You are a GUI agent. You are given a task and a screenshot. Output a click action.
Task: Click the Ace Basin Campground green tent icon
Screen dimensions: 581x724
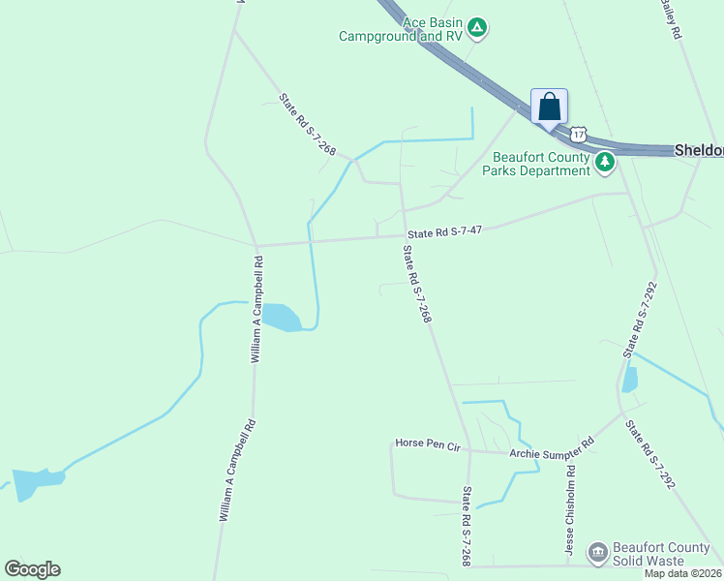tap(477, 28)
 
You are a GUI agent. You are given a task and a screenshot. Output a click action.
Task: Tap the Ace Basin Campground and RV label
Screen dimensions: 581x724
tap(401, 29)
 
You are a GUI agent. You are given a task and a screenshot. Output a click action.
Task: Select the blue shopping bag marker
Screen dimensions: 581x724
tap(549, 107)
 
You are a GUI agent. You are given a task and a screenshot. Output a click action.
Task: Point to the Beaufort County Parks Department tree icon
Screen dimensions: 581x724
tap(605, 162)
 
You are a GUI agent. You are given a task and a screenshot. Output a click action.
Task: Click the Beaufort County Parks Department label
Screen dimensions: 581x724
tap(541, 164)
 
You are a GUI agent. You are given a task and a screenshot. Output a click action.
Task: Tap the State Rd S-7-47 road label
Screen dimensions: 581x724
tap(444, 231)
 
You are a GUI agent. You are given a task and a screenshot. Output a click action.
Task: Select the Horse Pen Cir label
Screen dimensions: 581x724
tap(426, 443)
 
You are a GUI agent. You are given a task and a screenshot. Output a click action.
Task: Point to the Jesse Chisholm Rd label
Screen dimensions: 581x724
tap(571, 508)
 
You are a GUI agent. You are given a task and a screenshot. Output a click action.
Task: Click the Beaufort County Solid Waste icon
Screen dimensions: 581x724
tap(598, 553)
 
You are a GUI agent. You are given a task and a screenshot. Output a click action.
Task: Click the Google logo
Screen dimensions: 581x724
tap(32, 569)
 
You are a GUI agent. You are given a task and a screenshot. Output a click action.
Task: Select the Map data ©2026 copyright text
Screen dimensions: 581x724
tap(683, 573)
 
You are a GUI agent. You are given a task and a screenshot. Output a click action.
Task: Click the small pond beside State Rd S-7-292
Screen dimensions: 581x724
tap(630, 380)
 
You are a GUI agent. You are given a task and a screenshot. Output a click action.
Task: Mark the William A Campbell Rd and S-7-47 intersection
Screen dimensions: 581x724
tap(256, 245)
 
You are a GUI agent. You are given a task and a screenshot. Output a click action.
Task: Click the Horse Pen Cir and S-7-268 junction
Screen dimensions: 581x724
tap(468, 449)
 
